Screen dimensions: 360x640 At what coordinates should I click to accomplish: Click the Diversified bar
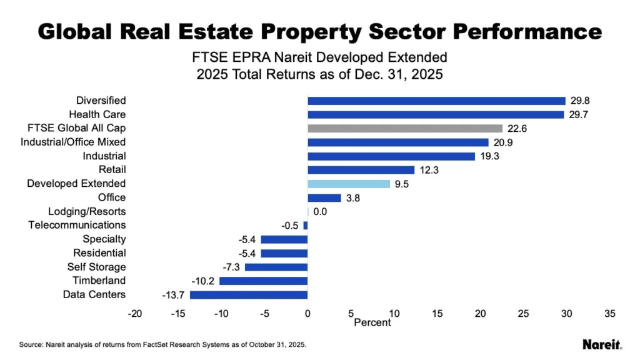coord(436,101)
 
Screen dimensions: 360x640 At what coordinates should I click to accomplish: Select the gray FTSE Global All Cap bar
coord(405,128)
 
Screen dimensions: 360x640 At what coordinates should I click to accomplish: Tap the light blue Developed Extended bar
coord(349,184)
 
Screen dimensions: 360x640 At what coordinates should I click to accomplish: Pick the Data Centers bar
coord(249,295)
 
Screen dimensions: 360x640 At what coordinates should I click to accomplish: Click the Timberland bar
coord(264,281)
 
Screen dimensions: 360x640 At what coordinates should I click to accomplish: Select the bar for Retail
coord(361,170)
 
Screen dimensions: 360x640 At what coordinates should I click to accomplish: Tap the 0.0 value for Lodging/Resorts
coord(320,212)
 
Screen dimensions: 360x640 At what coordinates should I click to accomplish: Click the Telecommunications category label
coord(77,225)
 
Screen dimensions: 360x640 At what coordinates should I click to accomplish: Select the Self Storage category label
coord(97,267)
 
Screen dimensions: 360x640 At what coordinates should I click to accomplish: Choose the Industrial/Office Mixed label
coord(77,142)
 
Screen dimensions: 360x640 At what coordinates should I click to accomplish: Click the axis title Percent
coord(372,322)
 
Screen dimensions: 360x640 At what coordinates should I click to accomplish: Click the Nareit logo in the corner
coord(601,344)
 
